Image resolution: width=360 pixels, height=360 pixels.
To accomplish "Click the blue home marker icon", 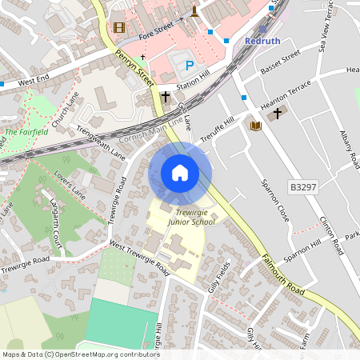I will pos(180,173).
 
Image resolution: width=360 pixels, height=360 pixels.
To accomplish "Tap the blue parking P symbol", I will pos(190,66).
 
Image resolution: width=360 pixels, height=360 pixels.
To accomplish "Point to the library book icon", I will pos(255,126).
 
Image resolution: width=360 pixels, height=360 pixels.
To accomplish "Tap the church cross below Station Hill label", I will pos(166,96).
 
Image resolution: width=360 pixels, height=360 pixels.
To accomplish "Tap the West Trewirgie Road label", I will pos(140,257).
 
